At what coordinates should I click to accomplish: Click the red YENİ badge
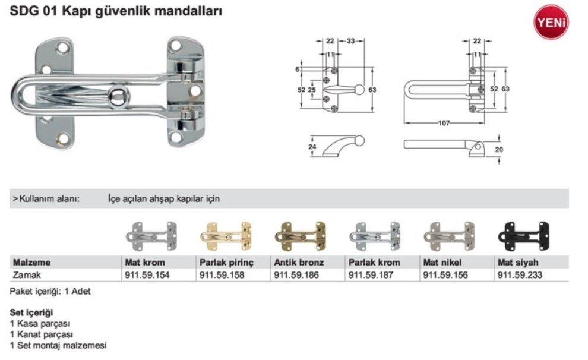551,22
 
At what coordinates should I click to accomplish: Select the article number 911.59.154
147,275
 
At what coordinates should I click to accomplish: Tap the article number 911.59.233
520,275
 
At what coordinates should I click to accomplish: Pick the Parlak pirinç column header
226,263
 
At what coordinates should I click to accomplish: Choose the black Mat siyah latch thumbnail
524,236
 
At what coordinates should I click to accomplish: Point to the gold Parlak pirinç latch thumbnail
226,236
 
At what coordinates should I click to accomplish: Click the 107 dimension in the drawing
444,123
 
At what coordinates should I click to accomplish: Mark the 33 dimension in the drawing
350,41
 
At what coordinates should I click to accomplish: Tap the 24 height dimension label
312,147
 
